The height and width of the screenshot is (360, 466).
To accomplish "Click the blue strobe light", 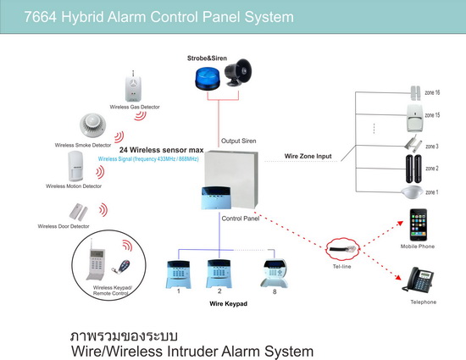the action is [x=208, y=79].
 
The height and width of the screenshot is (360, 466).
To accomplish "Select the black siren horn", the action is [x=238, y=73].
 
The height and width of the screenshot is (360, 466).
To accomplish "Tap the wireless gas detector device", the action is [x=133, y=86].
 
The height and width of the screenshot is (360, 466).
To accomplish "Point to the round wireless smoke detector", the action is [x=92, y=125].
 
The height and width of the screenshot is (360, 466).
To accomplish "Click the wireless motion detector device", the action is [x=75, y=166].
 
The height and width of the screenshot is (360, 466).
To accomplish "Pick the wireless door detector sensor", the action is [x=79, y=212].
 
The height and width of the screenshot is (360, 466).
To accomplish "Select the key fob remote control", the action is [x=121, y=267].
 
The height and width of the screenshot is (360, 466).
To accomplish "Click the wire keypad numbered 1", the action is [x=178, y=274].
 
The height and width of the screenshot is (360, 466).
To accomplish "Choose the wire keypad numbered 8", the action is [x=274, y=274].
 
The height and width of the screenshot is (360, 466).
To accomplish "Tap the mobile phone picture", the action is [x=419, y=224].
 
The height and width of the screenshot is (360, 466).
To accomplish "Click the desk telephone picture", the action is [x=418, y=280].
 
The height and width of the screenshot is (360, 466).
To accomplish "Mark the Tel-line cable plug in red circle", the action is [x=343, y=249].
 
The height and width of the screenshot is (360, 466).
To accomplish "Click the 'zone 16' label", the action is [x=432, y=92].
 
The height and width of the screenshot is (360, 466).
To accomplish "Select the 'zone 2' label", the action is [x=432, y=169].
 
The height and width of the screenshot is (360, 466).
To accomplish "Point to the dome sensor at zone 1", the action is [x=412, y=192].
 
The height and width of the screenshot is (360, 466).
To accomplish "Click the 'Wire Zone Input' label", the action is [x=308, y=156].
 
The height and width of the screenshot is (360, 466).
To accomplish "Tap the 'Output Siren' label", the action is [x=239, y=141].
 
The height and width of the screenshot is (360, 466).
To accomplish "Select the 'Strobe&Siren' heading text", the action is [x=207, y=58].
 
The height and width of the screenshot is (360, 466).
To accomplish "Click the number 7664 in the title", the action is [x=40, y=17].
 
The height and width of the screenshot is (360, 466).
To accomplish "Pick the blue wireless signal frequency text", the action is [x=148, y=159].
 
